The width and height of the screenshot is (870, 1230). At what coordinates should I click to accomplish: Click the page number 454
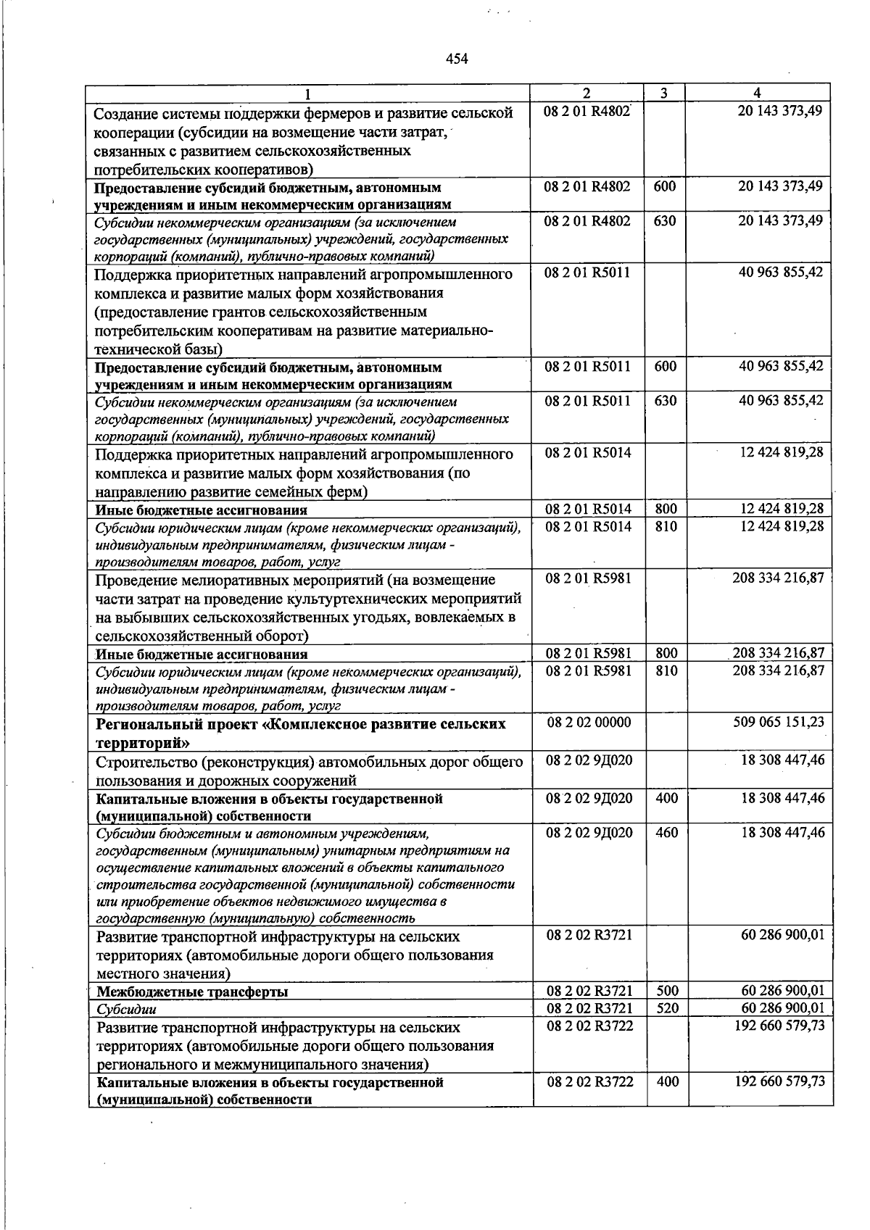pos(456,59)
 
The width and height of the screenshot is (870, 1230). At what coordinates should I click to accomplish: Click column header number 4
pos(757,93)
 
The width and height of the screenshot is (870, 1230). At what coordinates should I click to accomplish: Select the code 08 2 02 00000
pos(589,722)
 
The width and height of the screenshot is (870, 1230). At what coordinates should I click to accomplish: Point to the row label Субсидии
pos(127,1009)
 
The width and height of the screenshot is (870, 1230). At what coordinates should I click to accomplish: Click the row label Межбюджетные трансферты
pos(192,992)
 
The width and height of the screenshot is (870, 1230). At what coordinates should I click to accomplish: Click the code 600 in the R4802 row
pos(664,186)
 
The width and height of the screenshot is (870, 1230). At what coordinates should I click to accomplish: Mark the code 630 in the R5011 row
pos(665,401)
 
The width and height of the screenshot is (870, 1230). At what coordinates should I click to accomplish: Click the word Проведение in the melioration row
pos(136,580)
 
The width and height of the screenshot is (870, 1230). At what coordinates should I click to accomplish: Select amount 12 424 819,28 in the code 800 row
pos(782,509)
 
